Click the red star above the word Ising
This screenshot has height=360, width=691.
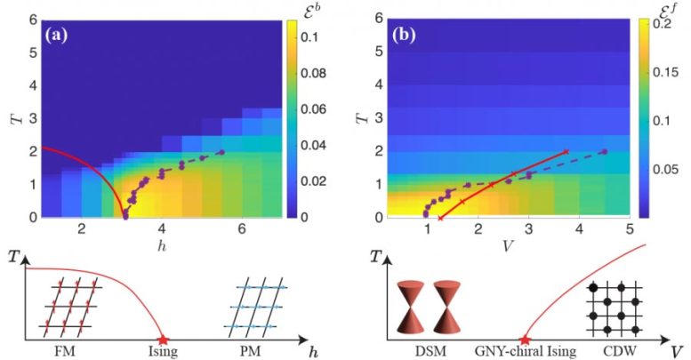(163, 340)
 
